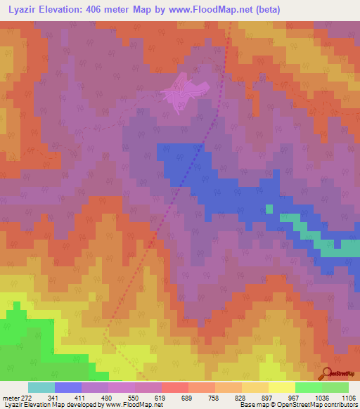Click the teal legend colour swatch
(41, 387)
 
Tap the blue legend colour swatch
(67, 387)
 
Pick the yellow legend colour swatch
(281, 387)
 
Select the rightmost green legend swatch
(335, 387)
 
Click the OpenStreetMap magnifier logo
(326, 373)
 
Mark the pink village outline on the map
(184, 93)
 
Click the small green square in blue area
(269, 208)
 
